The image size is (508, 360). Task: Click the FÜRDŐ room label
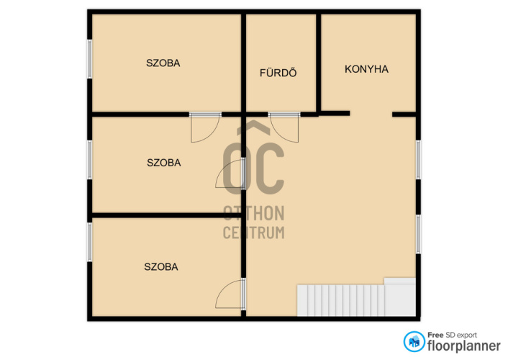pyautogui.click(x=278, y=72)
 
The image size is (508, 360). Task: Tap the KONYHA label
pyautogui.click(x=366, y=69)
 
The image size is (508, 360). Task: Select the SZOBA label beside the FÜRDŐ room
pyautogui.click(x=163, y=63)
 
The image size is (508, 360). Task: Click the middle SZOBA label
pyautogui.click(x=163, y=163)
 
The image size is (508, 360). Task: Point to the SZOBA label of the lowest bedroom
pyautogui.click(x=161, y=267)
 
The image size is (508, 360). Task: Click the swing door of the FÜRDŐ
pyautogui.click(x=284, y=127)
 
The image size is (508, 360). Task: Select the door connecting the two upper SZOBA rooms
pyautogui.click(x=205, y=127)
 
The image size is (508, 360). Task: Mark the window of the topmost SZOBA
pyautogui.click(x=90, y=59)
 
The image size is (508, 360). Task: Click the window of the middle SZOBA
pyautogui.click(x=90, y=160)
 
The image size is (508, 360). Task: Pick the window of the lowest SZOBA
pyautogui.click(x=90, y=242)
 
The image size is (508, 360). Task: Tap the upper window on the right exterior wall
pyautogui.click(x=418, y=160)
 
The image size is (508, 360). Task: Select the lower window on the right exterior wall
pyautogui.click(x=418, y=234)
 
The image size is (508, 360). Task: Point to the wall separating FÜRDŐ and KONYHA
pyautogui.click(x=319, y=63)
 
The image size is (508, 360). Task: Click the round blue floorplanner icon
pyautogui.click(x=414, y=341)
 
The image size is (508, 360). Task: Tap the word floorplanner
pyautogui.click(x=463, y=346)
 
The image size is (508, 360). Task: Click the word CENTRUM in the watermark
pyautogui.click(x=254, y=233)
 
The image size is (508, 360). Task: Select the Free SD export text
pyautogui.click(x=452, y=335)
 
